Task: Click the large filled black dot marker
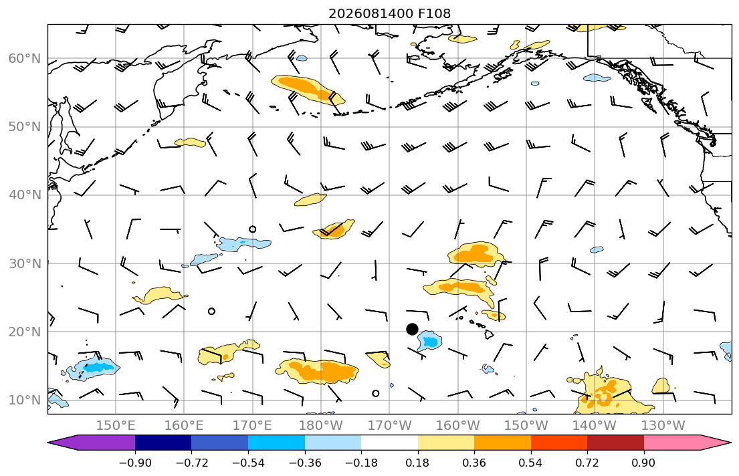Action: [x=412, y=329]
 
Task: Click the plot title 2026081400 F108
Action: [x=389, y=13]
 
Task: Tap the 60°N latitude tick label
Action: [x=25, y=58]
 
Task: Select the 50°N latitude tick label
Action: [x=25, y=127]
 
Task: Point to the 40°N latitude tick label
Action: [x=25, y=195]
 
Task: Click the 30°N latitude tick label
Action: [x=25, y=263]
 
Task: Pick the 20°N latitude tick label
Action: [x=25, y=332]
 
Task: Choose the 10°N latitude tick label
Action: [x=25, y=400]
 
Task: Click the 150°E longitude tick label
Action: [x=116, y=426]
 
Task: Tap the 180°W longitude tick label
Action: [x=321, y=426]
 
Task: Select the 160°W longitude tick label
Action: [x=457, y=426]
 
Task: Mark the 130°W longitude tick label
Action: [x=663, y=426]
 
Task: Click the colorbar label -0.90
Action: [x=135, y=463]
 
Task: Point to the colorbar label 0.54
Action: [x=531, y=463]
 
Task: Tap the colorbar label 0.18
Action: [x=417, y=463]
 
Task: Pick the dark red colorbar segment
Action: [x=615, y=443]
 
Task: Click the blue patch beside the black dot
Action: [x=429, y=340]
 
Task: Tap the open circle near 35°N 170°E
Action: [x=253, y=229]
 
